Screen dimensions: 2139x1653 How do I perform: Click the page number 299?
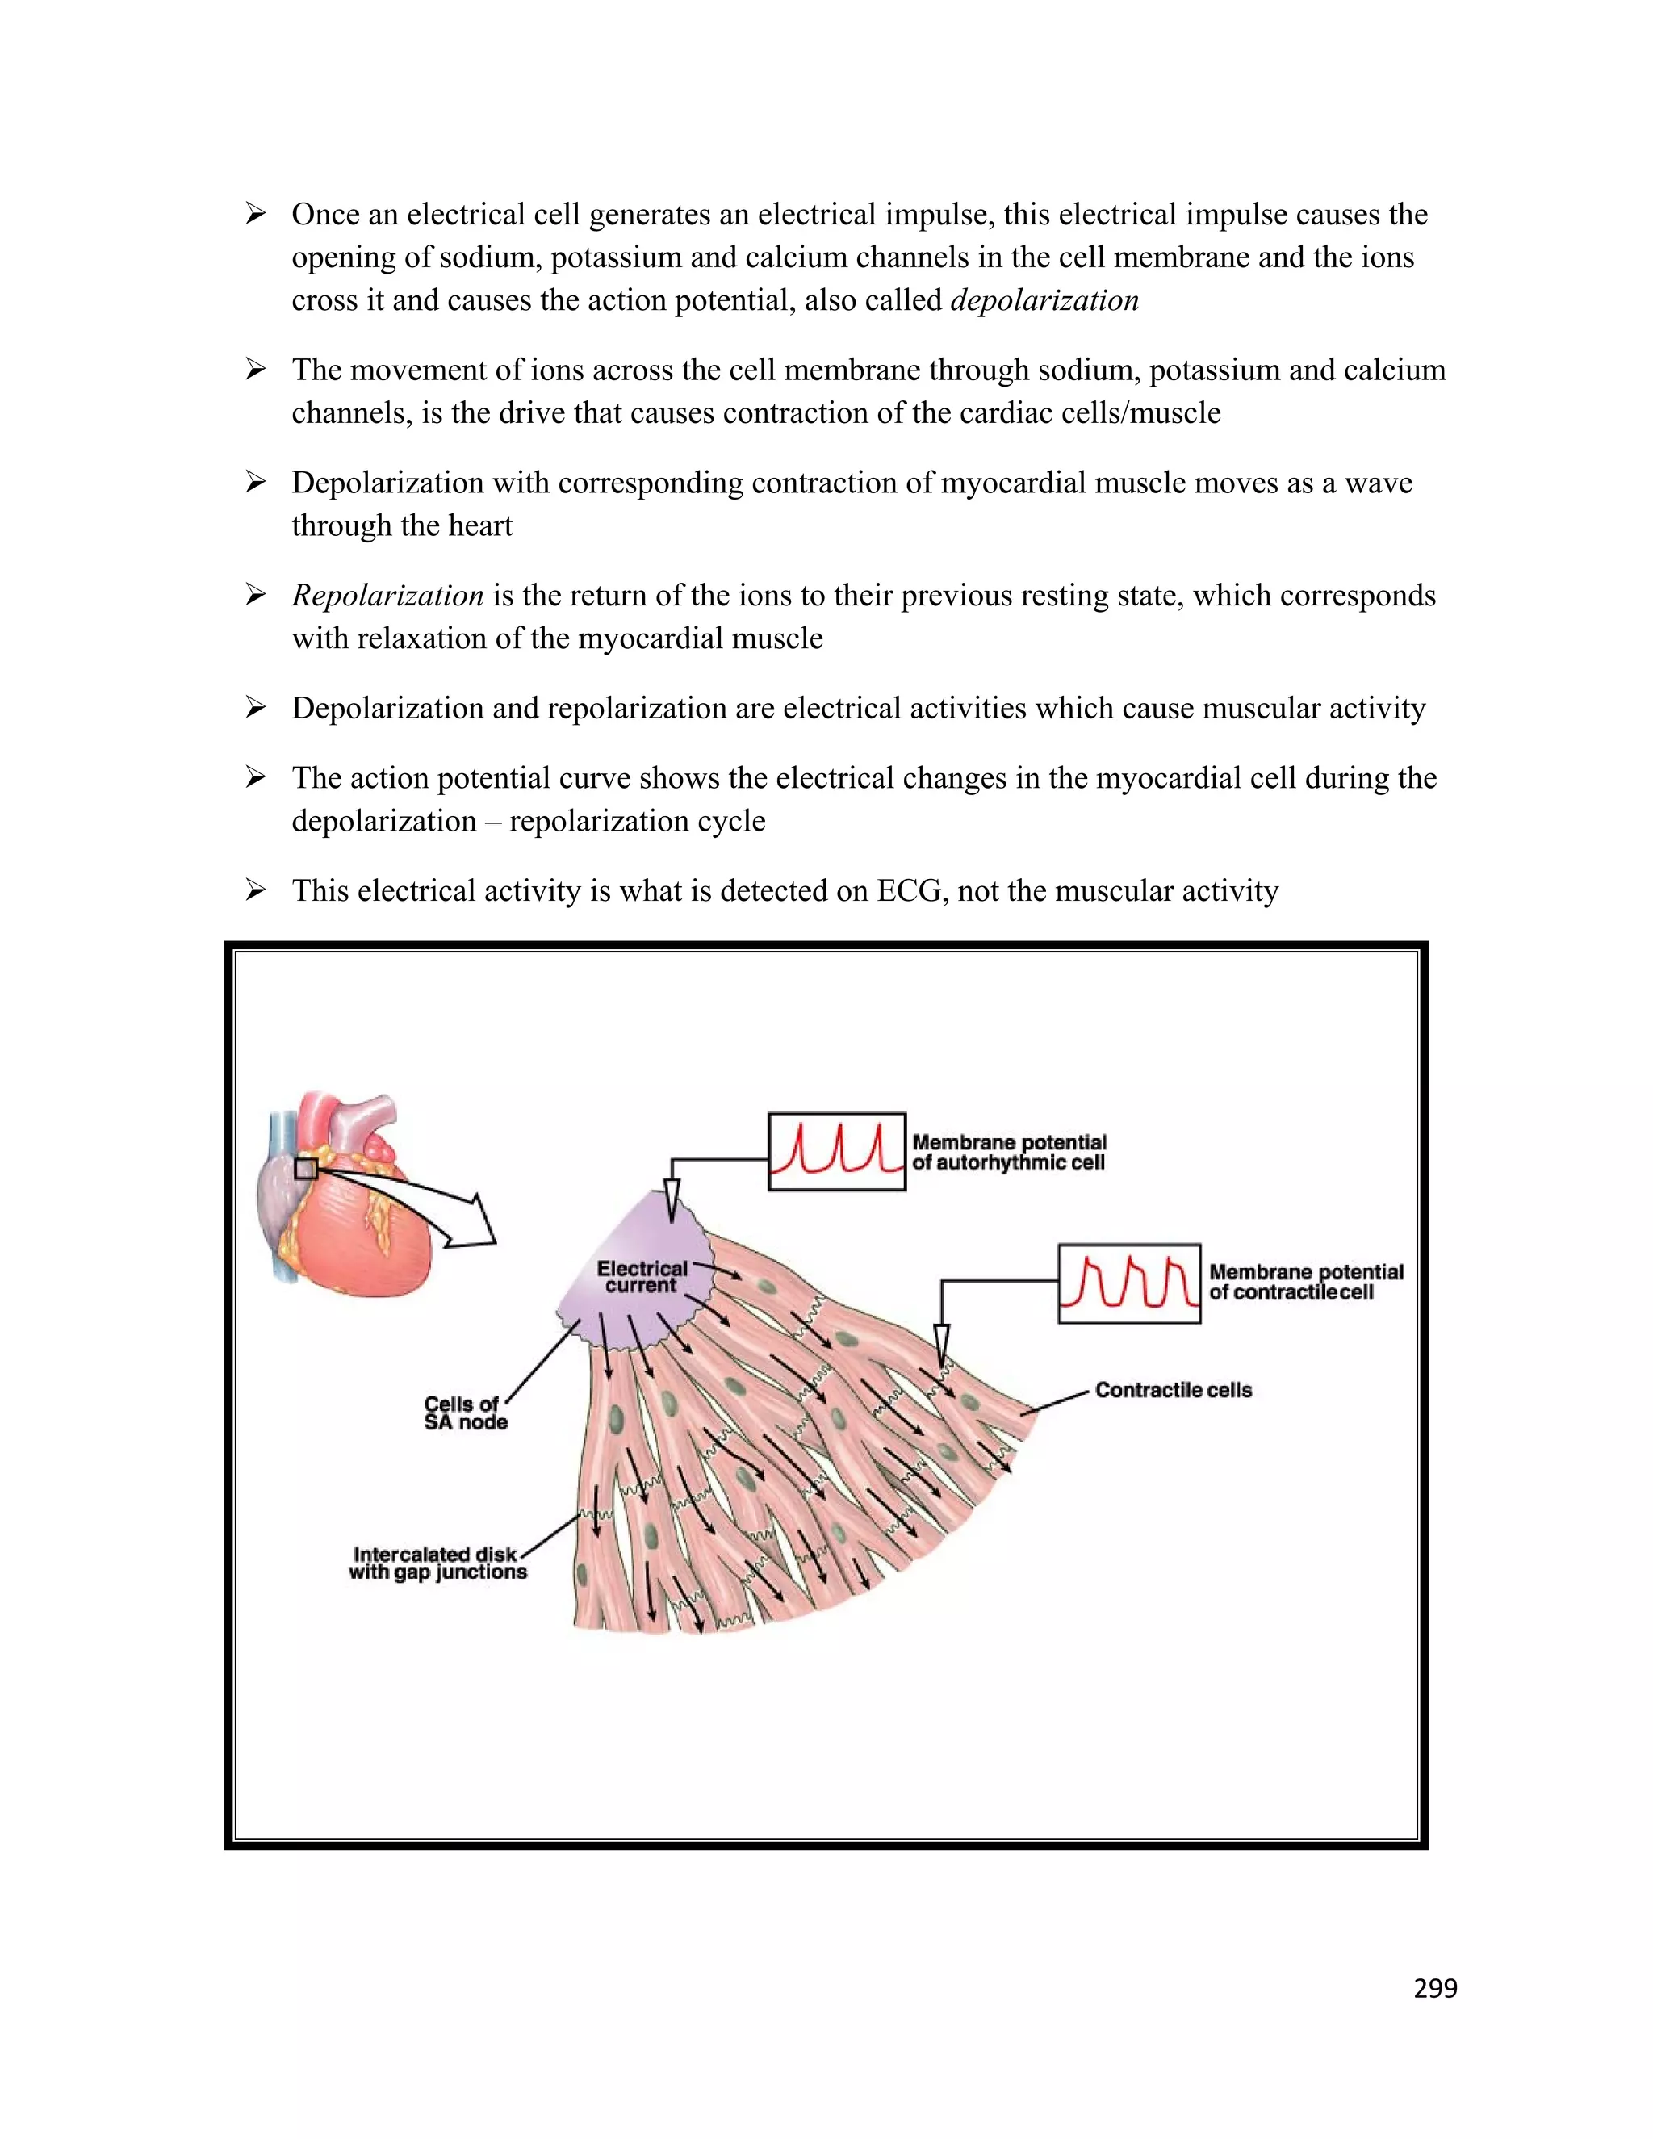pyautogui.click(x=1434, y=1989)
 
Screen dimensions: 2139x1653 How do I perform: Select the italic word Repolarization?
pyautogui.click(x=387, y=596)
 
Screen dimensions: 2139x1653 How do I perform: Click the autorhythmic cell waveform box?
pyautogui.click(x=836, y=1151)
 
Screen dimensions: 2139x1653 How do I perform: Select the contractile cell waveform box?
pyautogui.click(x=1128, y=1283)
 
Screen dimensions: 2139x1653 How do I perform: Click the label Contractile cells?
pyautogui.click(x=1173, y=1390)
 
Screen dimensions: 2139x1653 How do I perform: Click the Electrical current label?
pyautogui.click(x=642, y=1276)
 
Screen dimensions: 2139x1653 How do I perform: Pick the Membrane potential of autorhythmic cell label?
pyautogui.click(x=1009, y=1152)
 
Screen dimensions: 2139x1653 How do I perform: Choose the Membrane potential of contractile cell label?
pyautogui.click(x=1305, y=1282)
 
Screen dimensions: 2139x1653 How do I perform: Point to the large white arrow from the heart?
pyautogui.click(x=431, y=1210)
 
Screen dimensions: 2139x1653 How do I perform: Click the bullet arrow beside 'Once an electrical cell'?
pyautogui.click(x=256, y=215)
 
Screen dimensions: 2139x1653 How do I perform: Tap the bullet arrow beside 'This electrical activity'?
pyautogui.click(x=256, y=890)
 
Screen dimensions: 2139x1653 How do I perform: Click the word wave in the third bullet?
pyautogui.click(x=1378, y=483)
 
